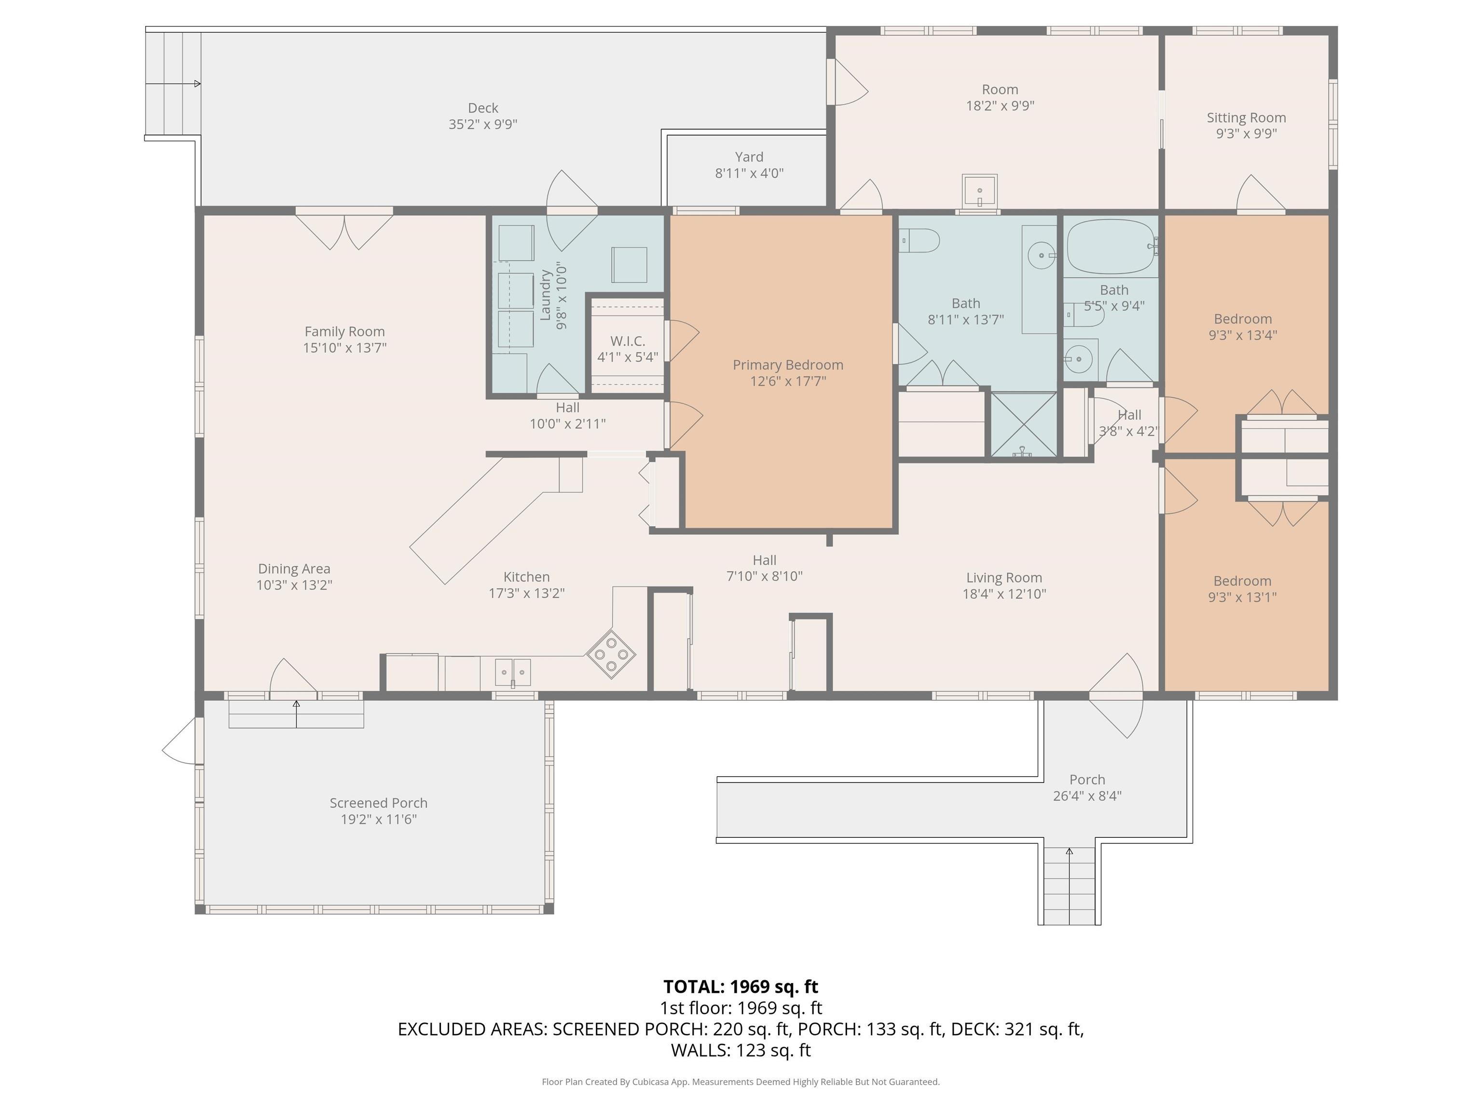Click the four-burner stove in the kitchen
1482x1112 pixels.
pos(611,653)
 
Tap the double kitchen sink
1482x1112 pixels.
pos(512,672)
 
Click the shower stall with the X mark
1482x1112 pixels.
pos(1023,424)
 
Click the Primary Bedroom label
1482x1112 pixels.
pos(787,365)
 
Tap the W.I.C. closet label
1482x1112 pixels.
pos(627,341)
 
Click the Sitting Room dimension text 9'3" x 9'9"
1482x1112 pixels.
pos(1246,133)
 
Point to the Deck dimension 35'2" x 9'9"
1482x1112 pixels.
pos(482,125)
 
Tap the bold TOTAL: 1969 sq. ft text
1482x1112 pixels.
pos(741,987)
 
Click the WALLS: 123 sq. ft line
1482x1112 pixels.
pos(741,1050)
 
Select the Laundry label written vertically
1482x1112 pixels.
pos(545,295)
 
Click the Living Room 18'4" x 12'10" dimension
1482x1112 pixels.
pos(1003,594)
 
